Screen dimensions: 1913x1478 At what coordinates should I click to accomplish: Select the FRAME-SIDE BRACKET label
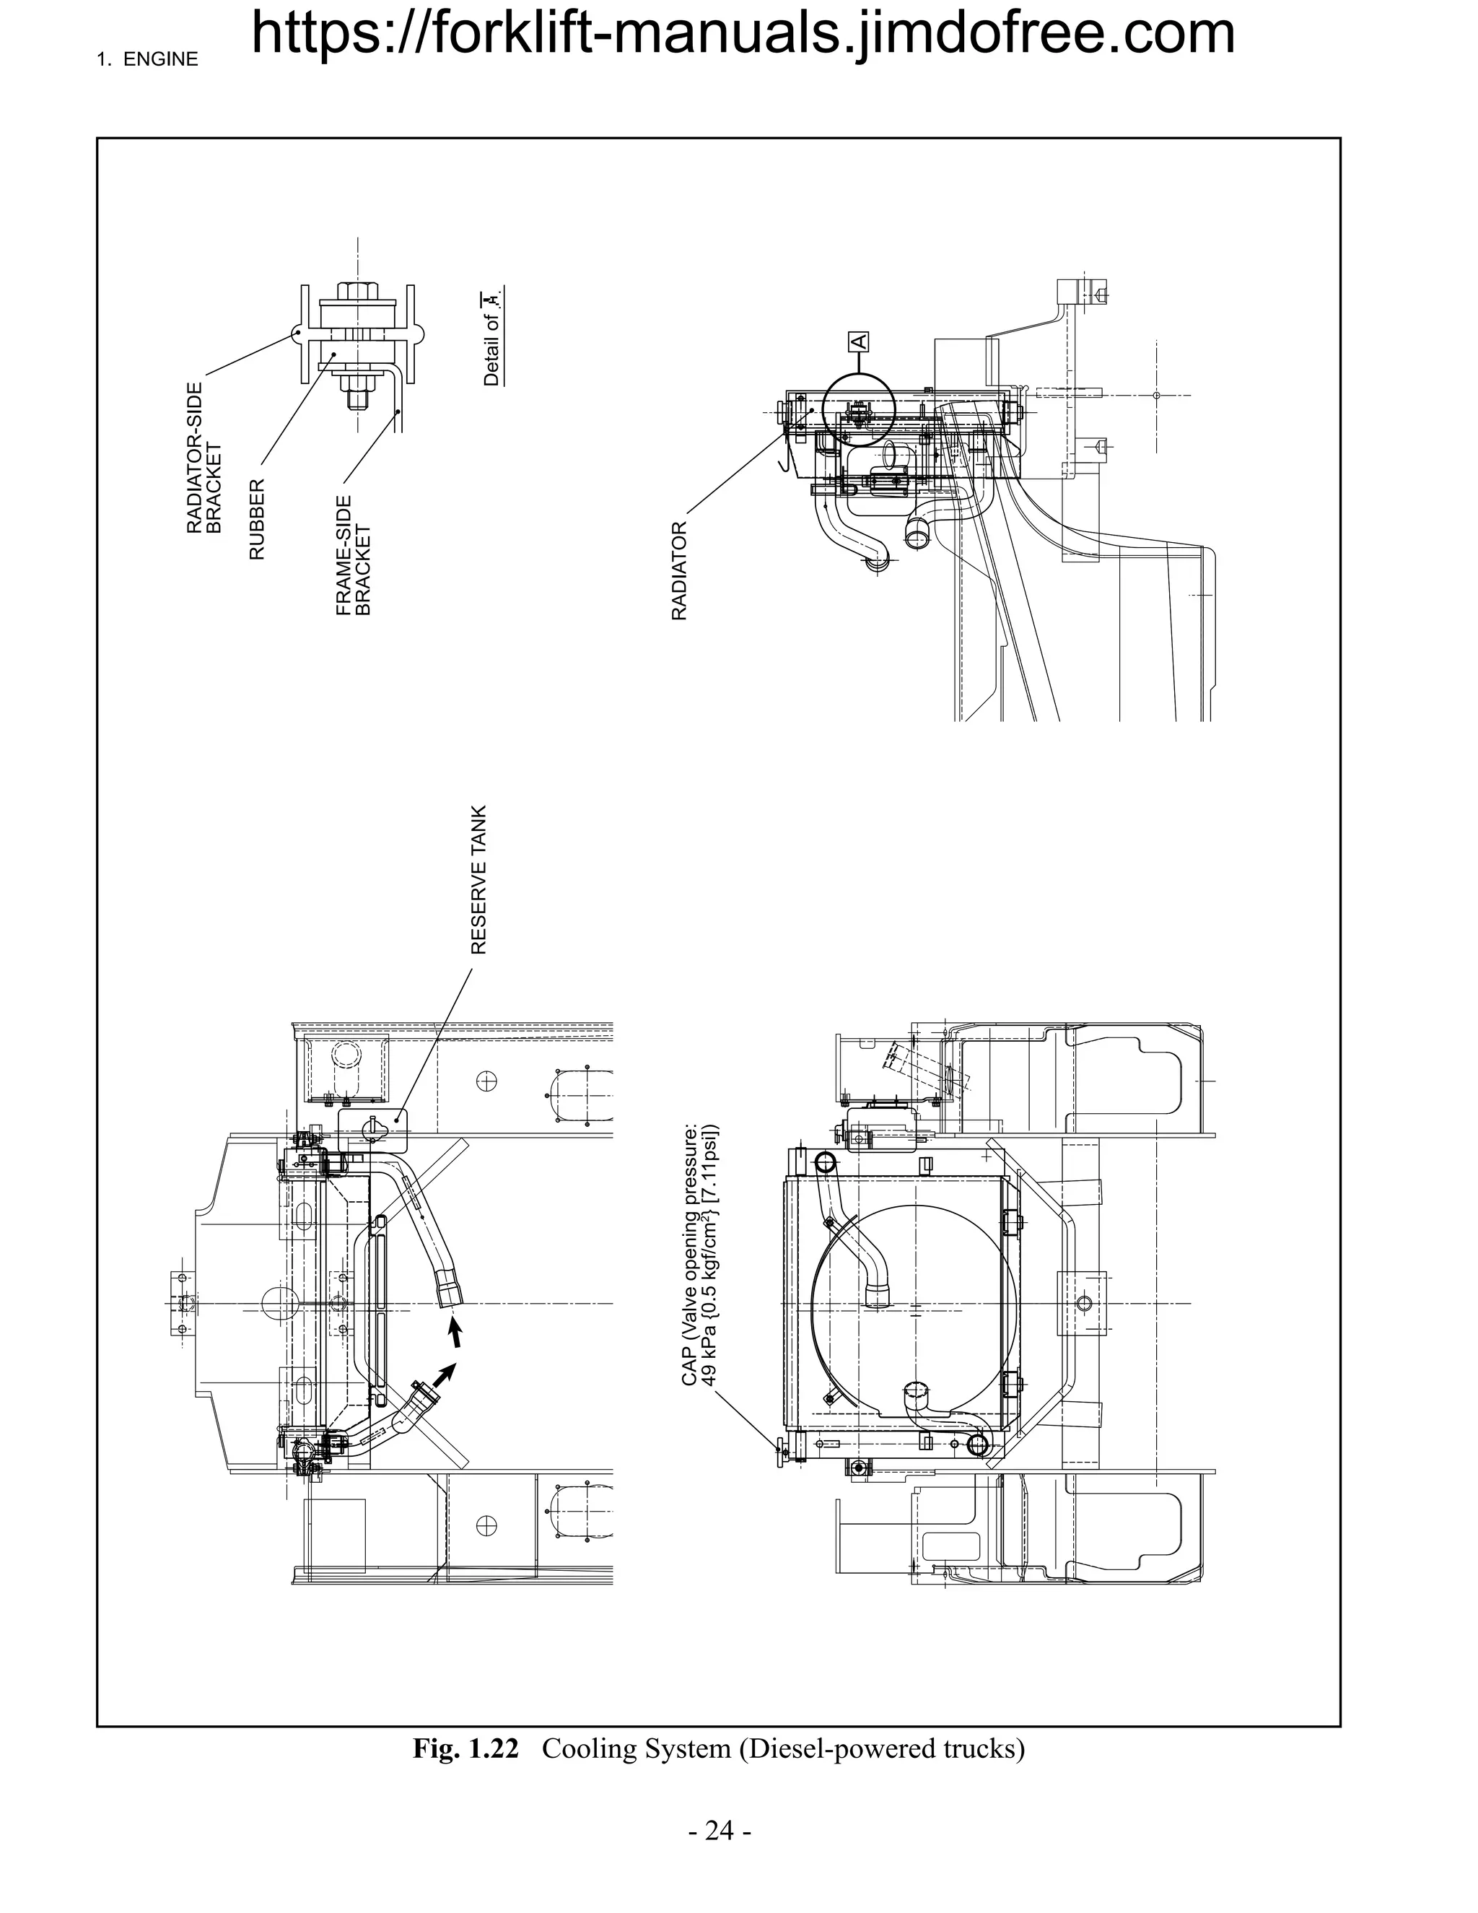pos(354,555)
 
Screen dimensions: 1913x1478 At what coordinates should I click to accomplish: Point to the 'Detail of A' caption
pos(492,336)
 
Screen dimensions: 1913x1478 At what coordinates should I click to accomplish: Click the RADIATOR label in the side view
pos(679,571)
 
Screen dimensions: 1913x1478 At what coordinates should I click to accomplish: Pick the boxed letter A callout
pos(858,341)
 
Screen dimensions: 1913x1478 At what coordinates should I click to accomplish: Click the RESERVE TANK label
pos(478,879)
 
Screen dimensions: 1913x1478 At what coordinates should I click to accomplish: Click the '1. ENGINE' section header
pos(147,60)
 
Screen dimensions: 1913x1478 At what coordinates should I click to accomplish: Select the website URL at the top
pos(743,33)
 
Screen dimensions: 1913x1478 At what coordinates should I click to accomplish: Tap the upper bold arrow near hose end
pos(455,1334)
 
